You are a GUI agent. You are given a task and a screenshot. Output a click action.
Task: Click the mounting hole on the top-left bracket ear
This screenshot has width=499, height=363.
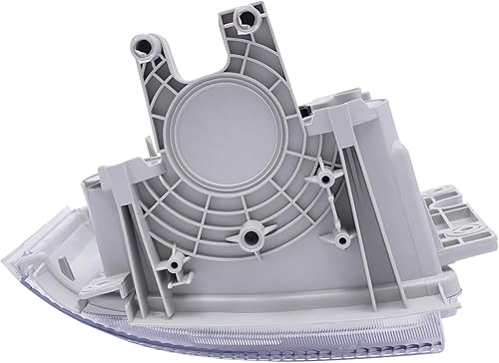pos(149,45)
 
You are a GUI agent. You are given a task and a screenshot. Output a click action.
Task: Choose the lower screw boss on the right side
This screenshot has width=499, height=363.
pos(342,239)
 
